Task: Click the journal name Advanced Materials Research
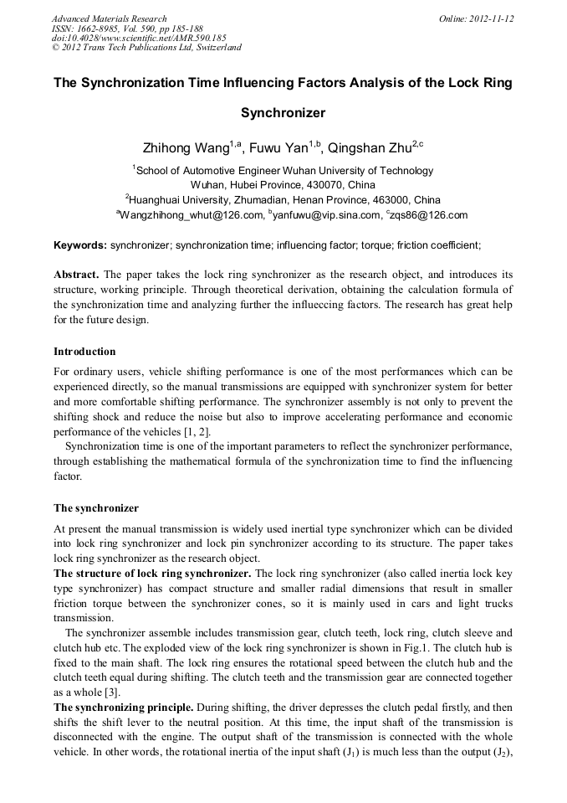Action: [x=109, y=18]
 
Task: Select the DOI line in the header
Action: [x=139, y=38]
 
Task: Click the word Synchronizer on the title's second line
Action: [x=283, y=112]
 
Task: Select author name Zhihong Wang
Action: [x=186, y=149]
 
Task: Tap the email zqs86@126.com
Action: [x=429, y=215]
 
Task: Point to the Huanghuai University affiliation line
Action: [x=283, y=200]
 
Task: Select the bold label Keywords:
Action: [x=80, y=245]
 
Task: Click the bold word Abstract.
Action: [x=75, y=275]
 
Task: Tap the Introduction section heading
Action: [x=84, y=351]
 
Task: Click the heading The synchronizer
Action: [x=96, y=507]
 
